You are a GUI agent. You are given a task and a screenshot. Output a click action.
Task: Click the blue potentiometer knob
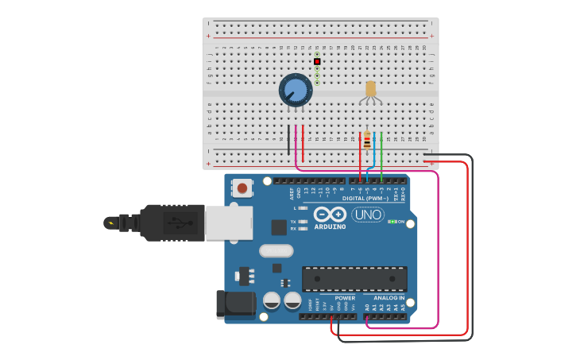tap(295, 90)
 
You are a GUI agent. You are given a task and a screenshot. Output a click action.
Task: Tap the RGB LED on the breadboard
tap(370, 89)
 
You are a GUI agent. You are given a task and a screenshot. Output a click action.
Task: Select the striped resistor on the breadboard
tap(366, 141)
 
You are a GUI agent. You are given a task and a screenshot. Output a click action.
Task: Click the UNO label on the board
tap(367, 215)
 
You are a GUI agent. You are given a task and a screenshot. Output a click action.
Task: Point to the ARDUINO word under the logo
tap(330, 226)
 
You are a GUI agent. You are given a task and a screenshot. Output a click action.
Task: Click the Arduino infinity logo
tap(330, 214)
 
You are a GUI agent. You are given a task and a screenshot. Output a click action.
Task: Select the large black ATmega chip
tap(354, 278)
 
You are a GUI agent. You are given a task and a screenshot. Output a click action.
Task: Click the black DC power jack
tap(235, 304)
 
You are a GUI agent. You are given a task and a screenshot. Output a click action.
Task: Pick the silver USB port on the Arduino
tap(228, 223)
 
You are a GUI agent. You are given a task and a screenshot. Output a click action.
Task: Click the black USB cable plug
tap(172, 223)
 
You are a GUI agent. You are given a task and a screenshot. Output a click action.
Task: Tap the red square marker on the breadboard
tap(317, 61)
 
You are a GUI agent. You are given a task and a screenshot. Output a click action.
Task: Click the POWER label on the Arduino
tap(345, 298)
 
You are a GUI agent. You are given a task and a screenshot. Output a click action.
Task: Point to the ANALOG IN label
tap(389, 298)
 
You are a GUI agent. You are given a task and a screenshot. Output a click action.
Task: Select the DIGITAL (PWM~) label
tap(365, 198)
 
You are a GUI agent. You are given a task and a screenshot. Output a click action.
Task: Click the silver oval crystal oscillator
tap(276, 250)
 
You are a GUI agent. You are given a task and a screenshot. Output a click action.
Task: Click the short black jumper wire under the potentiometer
tap(288, 139)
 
